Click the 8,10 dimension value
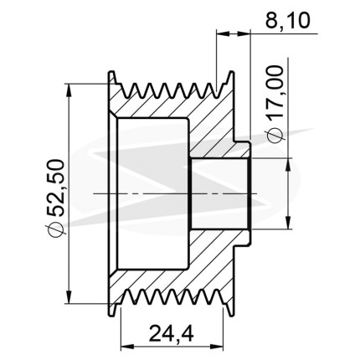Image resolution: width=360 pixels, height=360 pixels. click(287, 20)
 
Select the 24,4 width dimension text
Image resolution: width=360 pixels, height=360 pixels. click(171, 333)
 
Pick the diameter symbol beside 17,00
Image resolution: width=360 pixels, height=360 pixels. click(275, 135)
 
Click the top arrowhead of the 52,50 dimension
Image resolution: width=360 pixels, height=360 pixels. click(69, 90)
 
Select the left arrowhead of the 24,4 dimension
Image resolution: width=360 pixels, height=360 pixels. click(126, 347)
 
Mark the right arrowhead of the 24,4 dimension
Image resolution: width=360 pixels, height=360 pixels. click(218, 347)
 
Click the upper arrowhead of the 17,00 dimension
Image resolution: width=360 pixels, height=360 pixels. click(288, 164)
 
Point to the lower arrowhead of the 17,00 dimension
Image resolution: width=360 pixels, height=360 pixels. click(288, 223)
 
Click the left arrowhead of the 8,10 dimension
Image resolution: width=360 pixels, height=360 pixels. click(224, 33)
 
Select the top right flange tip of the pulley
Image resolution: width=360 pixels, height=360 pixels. click(231, 72)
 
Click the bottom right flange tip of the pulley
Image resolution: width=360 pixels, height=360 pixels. click(231, 316)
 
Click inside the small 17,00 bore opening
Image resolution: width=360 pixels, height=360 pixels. click(219, 193)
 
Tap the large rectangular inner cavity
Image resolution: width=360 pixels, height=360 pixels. click(153, 193)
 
